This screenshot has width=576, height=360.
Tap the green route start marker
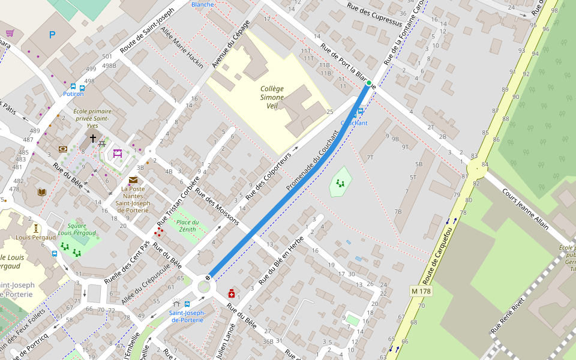369,83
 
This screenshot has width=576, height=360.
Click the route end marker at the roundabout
208,277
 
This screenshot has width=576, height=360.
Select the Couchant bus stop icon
360,111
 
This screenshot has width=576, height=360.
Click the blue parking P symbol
52,35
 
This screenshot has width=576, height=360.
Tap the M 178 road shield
421,291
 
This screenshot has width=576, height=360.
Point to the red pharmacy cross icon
231,293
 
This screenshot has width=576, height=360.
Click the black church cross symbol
92,138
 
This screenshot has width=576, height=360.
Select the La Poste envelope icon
133,179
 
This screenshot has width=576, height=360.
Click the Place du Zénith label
187,226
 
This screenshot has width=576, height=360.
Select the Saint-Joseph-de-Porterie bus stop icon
187,304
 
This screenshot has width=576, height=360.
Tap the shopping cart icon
10,33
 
